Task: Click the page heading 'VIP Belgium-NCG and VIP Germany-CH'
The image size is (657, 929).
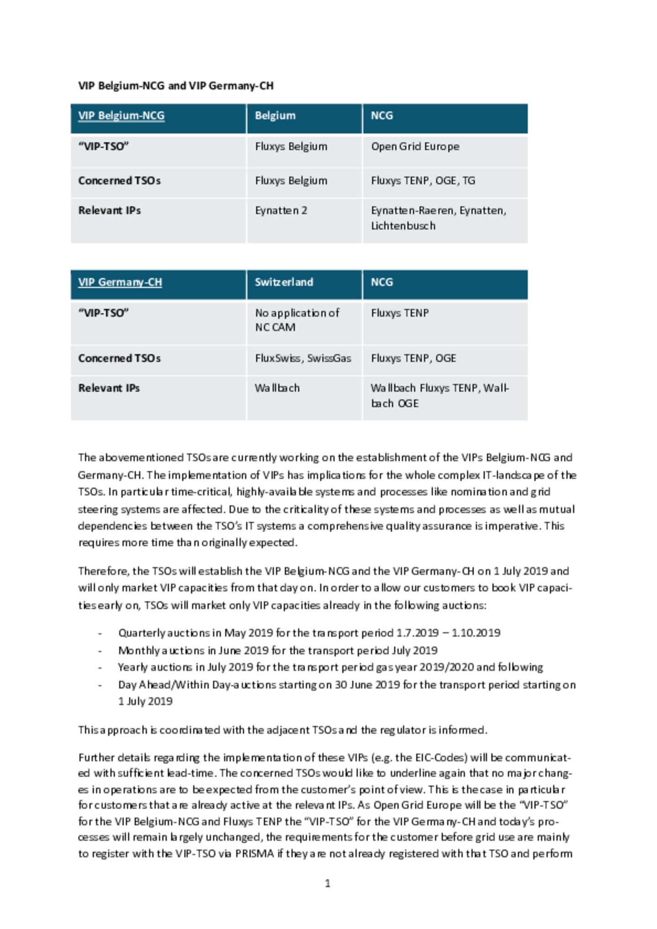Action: pos(176,86)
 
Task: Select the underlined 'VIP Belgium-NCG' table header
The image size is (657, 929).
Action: pos(121,116)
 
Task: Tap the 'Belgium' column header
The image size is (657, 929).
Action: pos(275,116)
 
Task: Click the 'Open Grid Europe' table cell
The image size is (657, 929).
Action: pos(415,147)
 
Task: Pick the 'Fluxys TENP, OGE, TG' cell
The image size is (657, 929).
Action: pos(422,181)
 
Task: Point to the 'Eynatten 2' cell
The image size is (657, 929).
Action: pos(281,211)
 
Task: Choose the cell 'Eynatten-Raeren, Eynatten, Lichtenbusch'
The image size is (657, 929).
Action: pos(438,218)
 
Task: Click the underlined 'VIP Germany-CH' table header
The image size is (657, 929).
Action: pos(120,282)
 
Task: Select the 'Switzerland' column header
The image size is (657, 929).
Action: pos(284,282)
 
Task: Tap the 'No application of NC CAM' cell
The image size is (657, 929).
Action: pos(297,320)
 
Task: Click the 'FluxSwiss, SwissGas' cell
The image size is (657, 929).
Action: pos(303,358)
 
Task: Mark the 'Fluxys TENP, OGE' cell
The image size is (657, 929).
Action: pos(413,358)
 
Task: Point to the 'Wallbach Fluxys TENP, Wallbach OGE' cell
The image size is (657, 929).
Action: pos(439,395)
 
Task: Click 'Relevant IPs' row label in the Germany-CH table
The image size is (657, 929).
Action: pos(109,388)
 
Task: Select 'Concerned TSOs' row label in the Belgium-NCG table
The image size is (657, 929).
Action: pos(119,181)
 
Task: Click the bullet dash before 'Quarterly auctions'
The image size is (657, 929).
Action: pos(100,633)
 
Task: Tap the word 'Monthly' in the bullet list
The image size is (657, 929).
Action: pos(132,650)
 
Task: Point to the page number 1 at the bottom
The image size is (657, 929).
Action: pos(327,883)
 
